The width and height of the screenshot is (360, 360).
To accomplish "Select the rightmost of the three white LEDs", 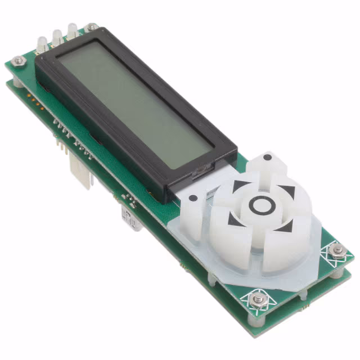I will [x=72, y=29].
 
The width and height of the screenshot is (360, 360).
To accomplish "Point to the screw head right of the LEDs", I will [x=91, y=27].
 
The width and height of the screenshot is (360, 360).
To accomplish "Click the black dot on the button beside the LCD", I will [x=193, y=198].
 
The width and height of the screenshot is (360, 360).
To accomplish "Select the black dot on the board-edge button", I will [x=268, y=157].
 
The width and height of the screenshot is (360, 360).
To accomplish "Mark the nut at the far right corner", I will [x=337, y=251].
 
